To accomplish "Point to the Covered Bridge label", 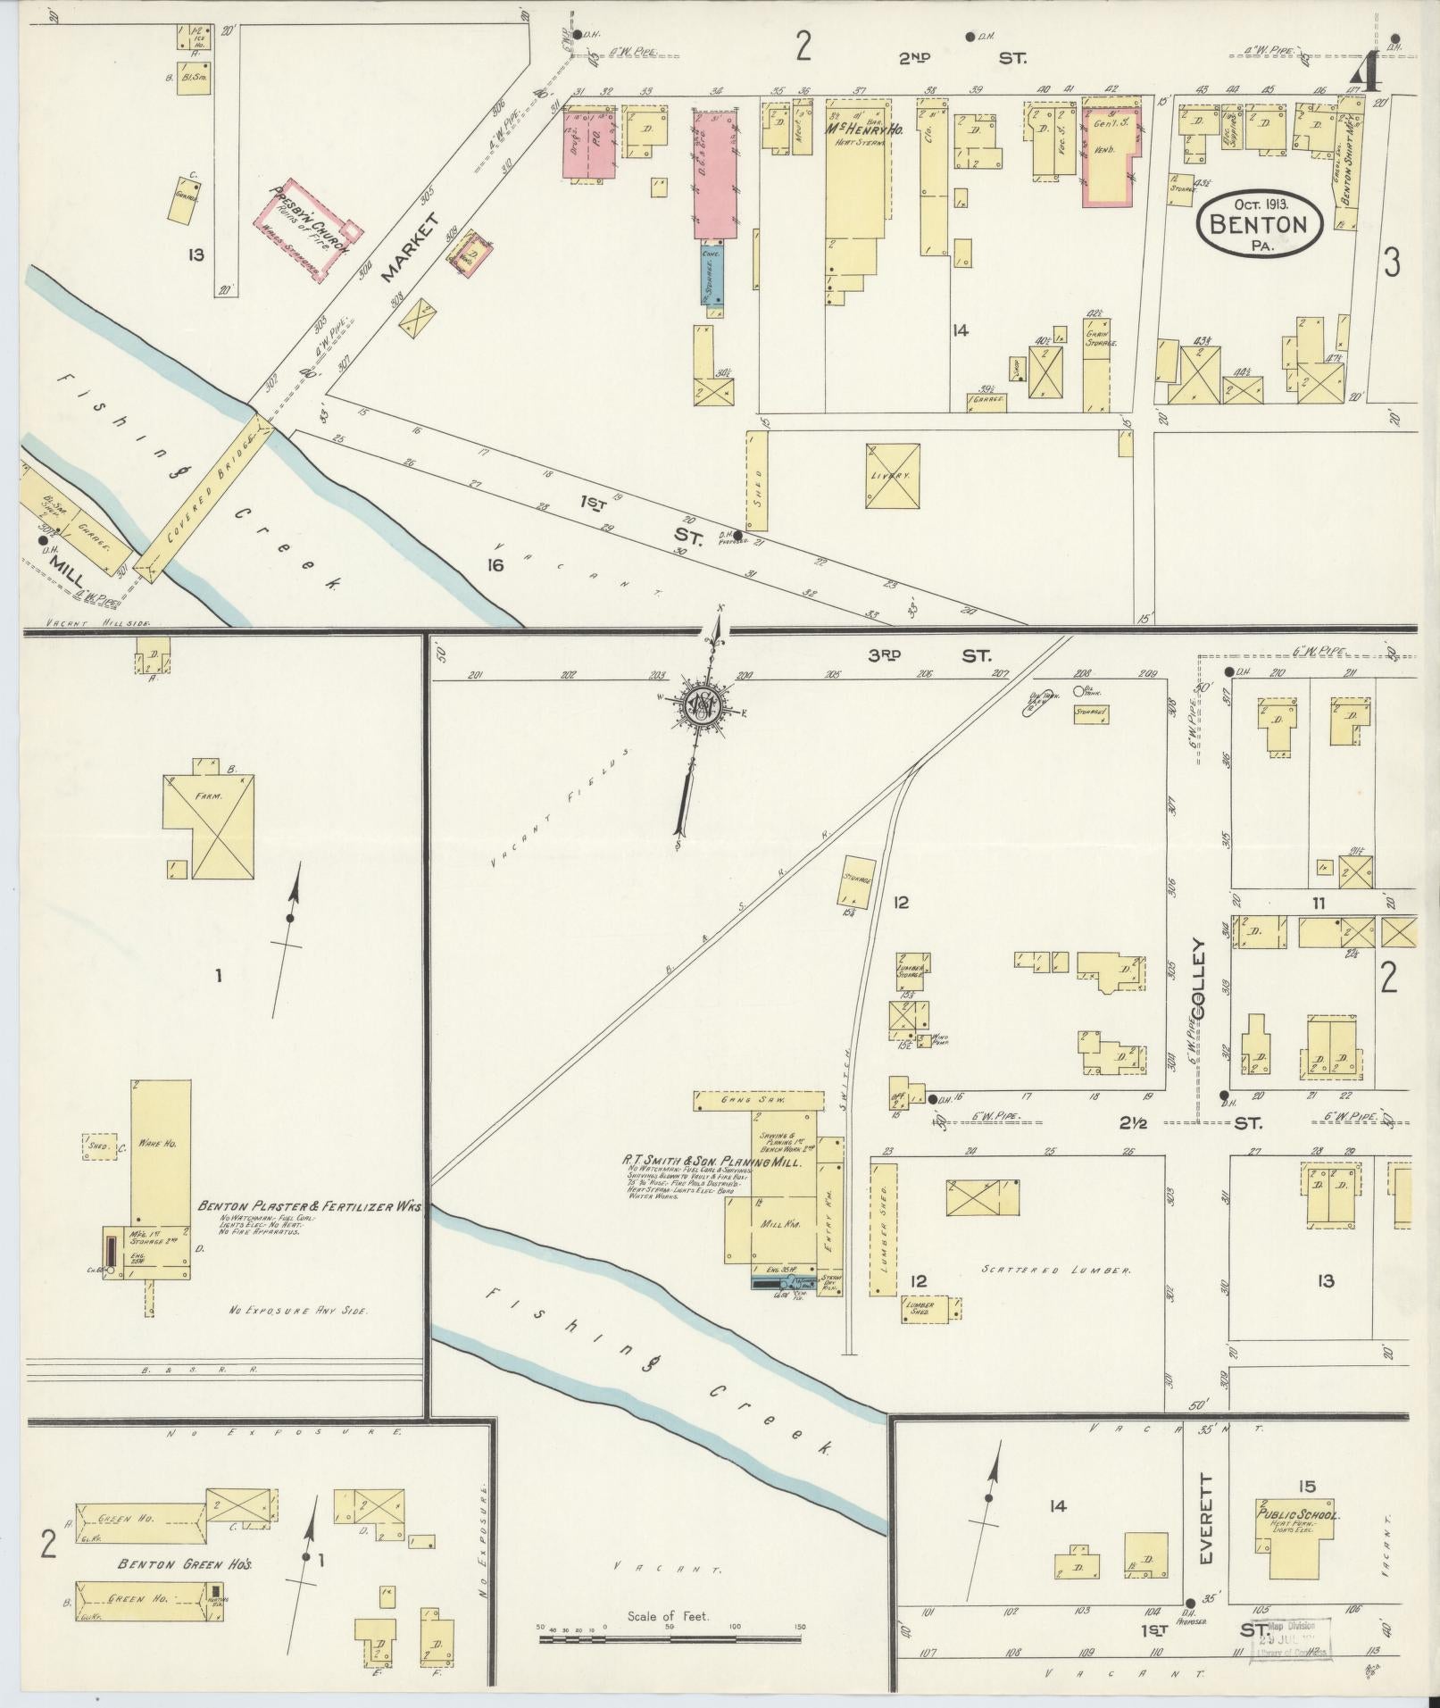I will pos(206,501).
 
